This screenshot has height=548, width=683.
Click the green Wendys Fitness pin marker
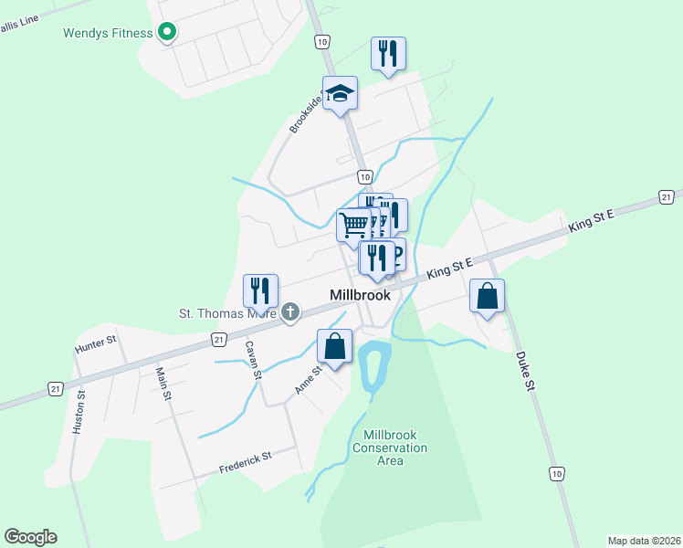167,34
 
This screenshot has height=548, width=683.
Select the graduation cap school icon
340,93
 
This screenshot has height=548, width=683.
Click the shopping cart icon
353,224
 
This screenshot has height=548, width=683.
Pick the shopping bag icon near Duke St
488,296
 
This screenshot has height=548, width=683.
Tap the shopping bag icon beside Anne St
335,346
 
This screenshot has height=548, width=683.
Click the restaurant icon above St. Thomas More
260,291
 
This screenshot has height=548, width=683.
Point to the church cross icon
290,313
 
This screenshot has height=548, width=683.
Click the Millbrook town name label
360,295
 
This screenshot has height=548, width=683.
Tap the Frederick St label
246,462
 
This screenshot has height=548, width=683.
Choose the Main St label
163,383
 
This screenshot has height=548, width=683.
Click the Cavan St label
253,361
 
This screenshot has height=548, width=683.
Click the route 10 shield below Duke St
557,473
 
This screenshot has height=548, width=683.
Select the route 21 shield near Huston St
56,389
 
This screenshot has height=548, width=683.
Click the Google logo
31,537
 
